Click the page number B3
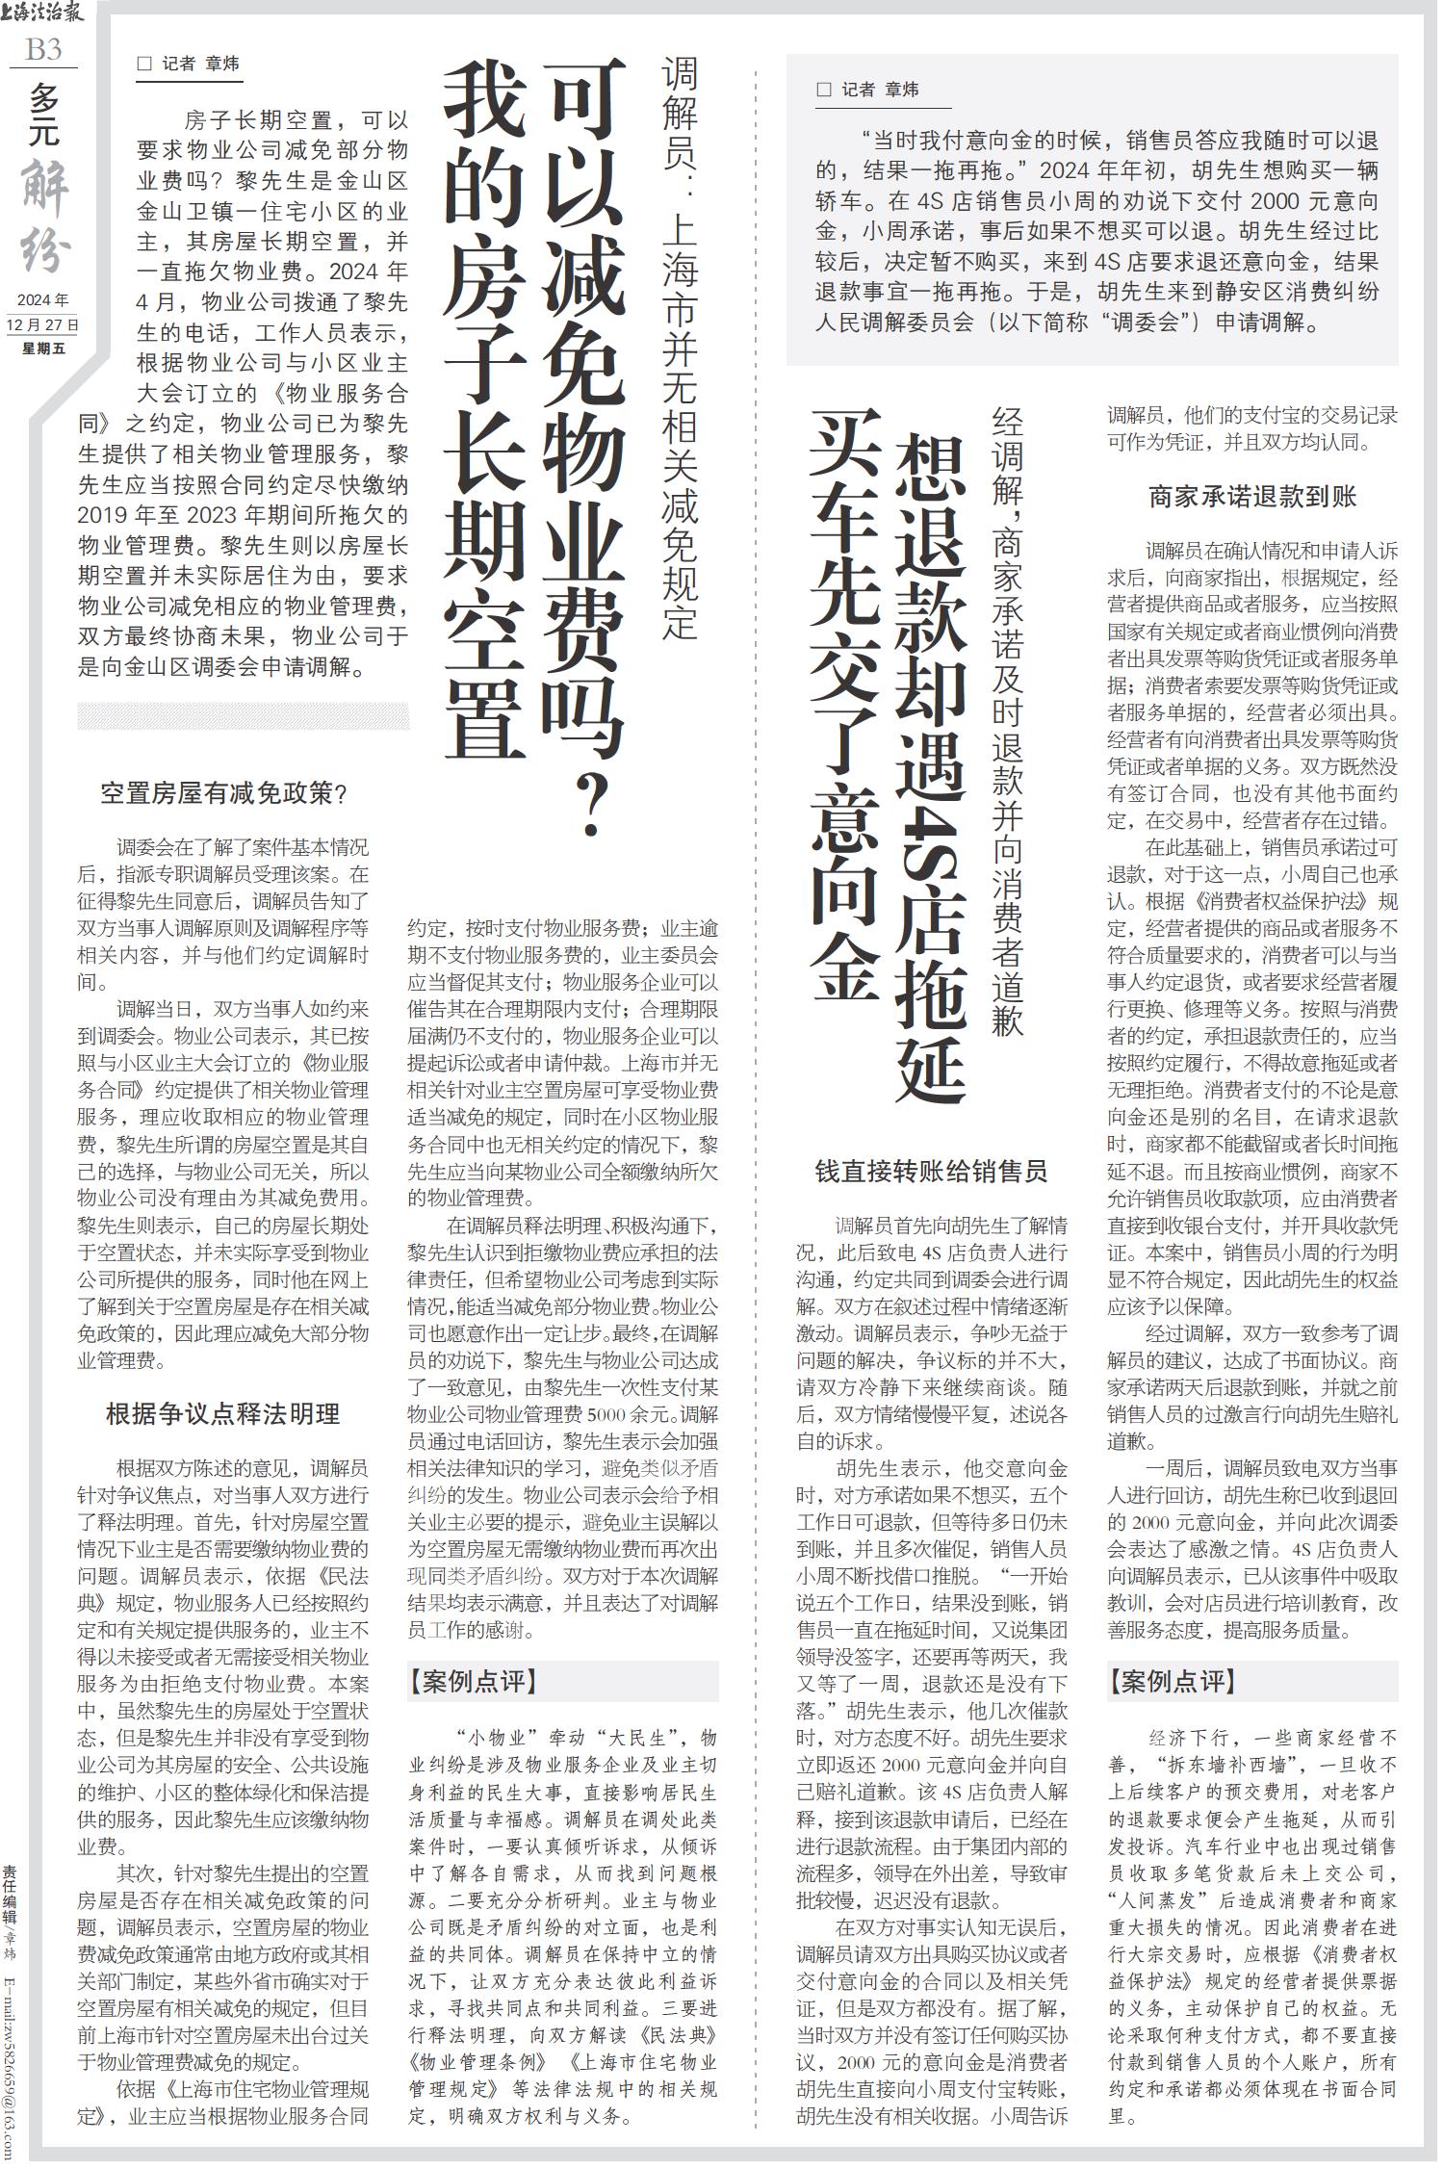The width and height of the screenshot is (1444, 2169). point(44,49)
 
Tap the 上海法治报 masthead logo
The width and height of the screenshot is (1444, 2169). point(43,14)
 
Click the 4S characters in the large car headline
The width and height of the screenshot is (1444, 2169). point(931,832)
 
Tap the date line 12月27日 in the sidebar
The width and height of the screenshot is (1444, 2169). point(43,324)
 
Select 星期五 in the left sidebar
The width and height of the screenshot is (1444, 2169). point(43,348)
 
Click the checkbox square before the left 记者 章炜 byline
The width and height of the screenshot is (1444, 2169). point(145,65)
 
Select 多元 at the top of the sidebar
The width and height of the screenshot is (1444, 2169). point(44,114)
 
